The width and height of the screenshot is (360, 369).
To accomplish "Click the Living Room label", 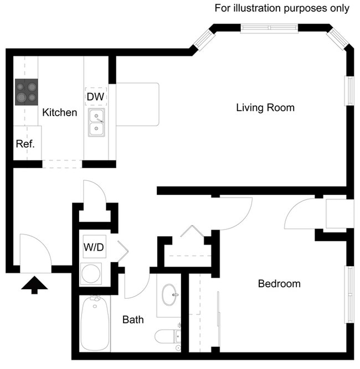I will (265, 107).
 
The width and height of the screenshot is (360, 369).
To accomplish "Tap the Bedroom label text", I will (279, 284).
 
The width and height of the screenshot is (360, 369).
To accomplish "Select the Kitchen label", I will (60, 112).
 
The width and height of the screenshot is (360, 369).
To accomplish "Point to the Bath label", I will (133, 319).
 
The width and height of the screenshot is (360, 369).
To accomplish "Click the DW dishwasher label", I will (95, 97).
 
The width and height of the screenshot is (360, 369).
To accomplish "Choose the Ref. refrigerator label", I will (25, 144).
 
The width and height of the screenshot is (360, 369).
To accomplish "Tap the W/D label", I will (94, 247).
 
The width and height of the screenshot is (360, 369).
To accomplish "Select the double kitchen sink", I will (97, 123).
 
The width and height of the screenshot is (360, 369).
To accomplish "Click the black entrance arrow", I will (34, 285).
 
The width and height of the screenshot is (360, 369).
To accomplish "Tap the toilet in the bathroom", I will (168, 336).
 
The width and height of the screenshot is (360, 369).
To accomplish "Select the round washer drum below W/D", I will (90, 274).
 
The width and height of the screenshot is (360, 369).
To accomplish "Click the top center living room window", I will (270, 28).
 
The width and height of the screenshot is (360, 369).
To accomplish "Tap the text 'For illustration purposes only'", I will (282, 8).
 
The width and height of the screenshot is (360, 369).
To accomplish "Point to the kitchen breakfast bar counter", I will (137, 105).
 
